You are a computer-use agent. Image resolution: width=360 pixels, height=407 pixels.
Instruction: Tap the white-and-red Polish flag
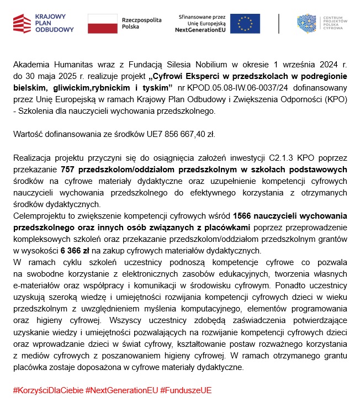point(102,23)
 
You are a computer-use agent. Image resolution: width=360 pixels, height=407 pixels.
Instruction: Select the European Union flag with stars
point(245,23)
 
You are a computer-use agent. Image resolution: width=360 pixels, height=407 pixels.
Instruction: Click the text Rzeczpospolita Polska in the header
point(141,23)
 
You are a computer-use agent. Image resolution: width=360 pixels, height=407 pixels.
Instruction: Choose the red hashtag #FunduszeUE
point(186,390)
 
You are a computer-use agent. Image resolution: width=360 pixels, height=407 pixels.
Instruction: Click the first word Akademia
point(31,65)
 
